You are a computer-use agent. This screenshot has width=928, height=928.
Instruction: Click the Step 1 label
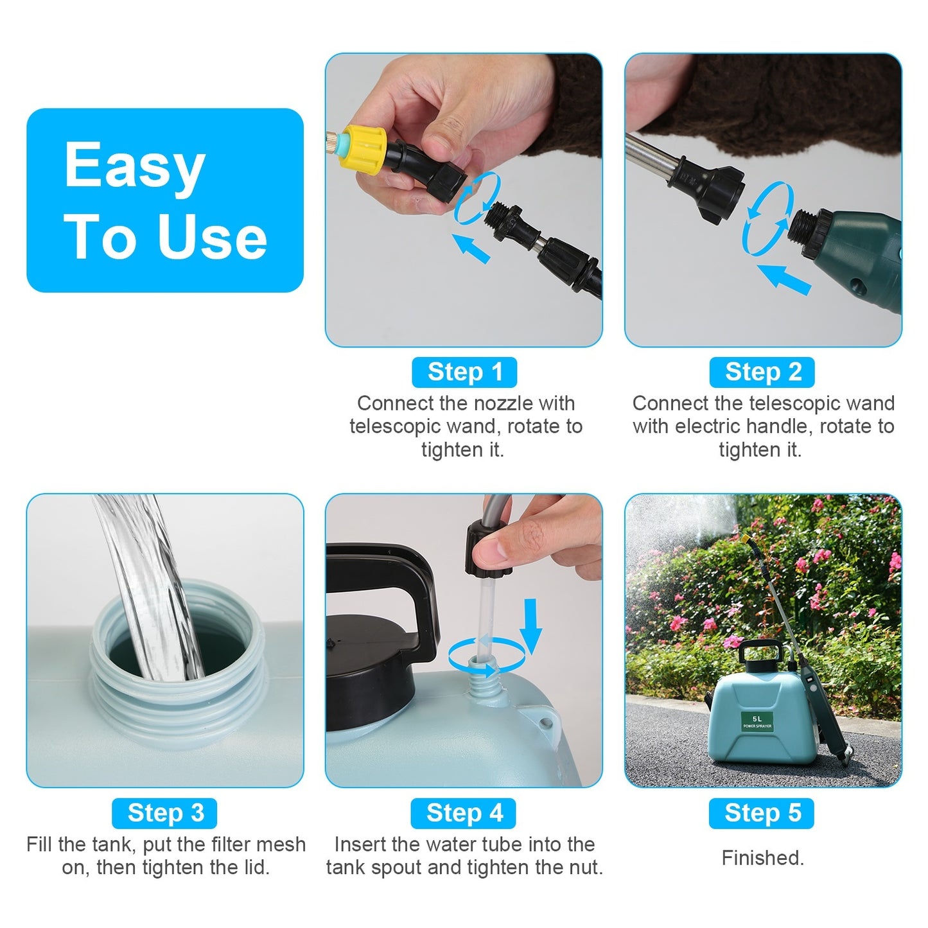coord(464,372)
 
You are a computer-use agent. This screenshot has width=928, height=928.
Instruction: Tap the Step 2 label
coord(762,372)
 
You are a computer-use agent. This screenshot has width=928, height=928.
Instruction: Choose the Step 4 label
coord(464,813)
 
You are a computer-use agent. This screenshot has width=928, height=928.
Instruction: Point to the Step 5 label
coord(762,813)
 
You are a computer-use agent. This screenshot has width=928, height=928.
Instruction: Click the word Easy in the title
coord(135,166)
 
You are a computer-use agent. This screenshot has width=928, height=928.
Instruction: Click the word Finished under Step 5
coord(762,858)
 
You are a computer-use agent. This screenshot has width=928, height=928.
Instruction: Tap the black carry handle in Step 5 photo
coord(761,652)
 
